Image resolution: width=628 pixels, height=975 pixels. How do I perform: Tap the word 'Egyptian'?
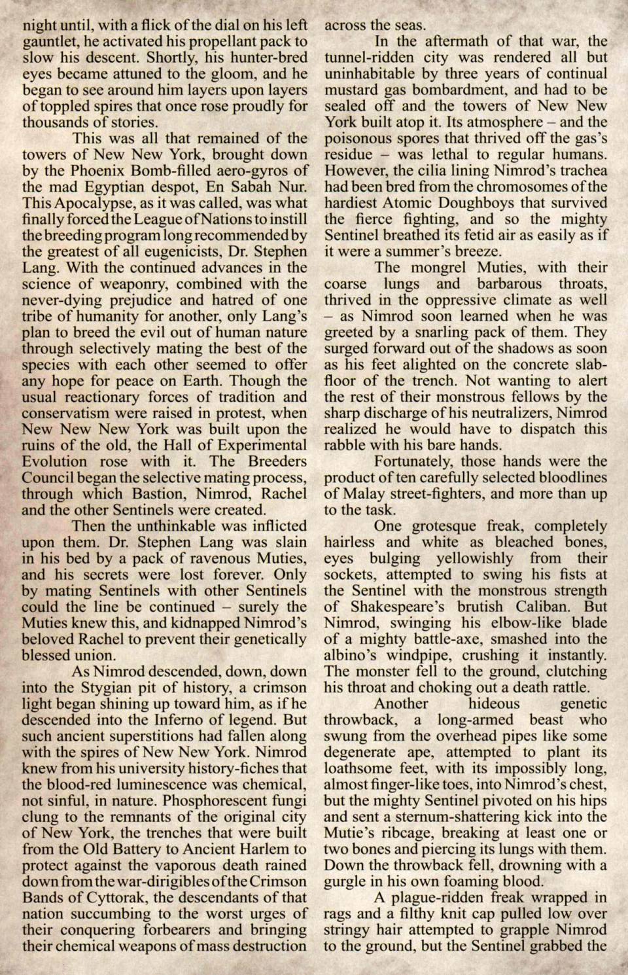(x=122, y=186)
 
